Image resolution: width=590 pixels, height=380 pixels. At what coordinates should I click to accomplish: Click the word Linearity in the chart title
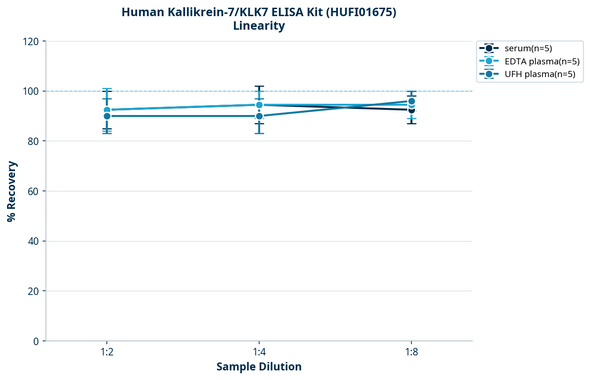258,26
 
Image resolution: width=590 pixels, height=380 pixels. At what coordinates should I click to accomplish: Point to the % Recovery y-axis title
12,190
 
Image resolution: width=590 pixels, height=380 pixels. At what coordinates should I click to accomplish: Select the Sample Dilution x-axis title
259,367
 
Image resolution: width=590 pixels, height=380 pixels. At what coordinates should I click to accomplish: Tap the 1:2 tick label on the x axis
107,352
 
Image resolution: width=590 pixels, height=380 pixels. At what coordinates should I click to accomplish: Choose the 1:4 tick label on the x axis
259,352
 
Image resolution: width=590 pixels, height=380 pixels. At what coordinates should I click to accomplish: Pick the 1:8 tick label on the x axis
412,352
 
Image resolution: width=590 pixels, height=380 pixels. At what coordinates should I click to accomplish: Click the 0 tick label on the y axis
35,341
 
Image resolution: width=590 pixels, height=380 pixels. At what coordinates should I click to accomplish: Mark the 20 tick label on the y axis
32,291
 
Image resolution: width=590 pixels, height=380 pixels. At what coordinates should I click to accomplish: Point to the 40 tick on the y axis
32,241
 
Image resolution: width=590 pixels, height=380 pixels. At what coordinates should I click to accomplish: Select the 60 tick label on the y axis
32,191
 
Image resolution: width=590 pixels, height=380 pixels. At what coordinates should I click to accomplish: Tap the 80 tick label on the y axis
32,141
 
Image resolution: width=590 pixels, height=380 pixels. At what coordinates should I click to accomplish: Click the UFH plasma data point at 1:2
107,116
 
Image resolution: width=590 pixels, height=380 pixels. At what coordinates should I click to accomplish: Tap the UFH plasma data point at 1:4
259,116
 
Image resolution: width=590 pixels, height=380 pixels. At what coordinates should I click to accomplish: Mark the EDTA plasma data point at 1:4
259,105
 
